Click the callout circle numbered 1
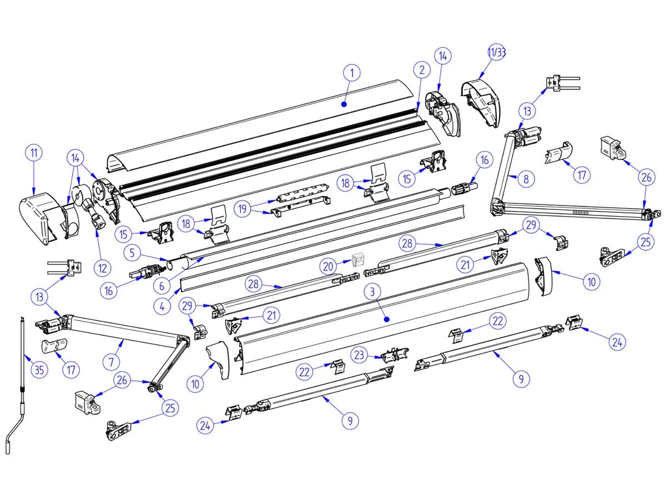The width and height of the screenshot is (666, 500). click(352, 72)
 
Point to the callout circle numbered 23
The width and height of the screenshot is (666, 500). click(360, 354)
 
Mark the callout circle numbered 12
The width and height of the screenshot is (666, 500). click(102, 268)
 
